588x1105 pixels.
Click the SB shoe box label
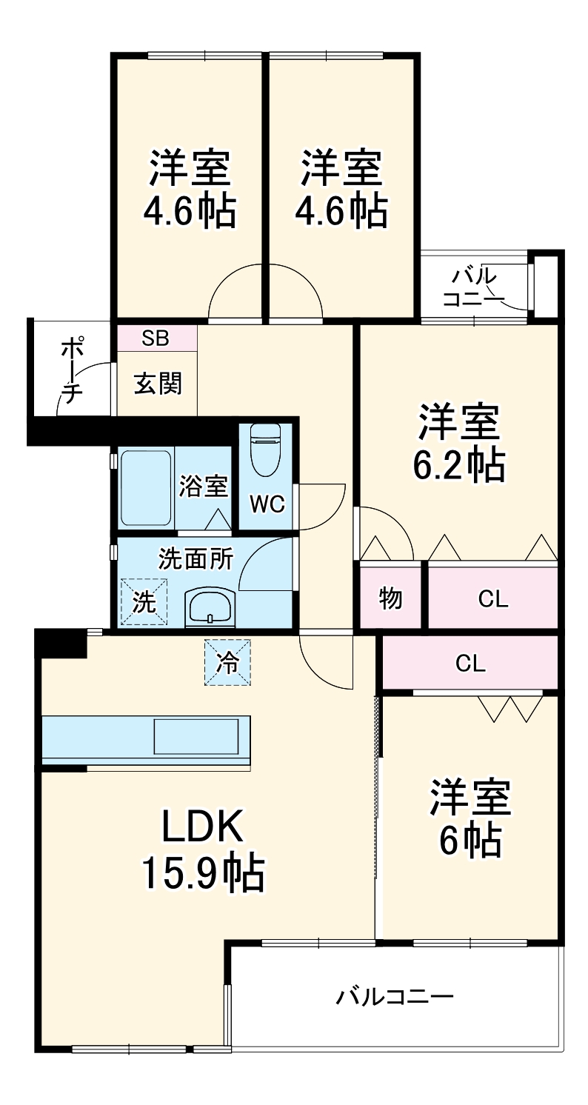(156, 338)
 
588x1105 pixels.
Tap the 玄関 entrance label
(157, 384)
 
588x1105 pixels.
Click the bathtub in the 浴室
(145, 487)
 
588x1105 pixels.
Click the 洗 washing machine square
(144, 601)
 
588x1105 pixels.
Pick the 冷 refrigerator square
(227, 662)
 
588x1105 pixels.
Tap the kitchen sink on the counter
(196, 736)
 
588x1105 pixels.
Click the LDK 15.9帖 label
(202, 849)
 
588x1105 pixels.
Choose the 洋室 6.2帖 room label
(459, 443)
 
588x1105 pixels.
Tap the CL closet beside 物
(492, 598)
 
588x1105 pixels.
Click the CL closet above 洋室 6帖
(470, 664)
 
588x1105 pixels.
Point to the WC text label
(267, 504)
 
